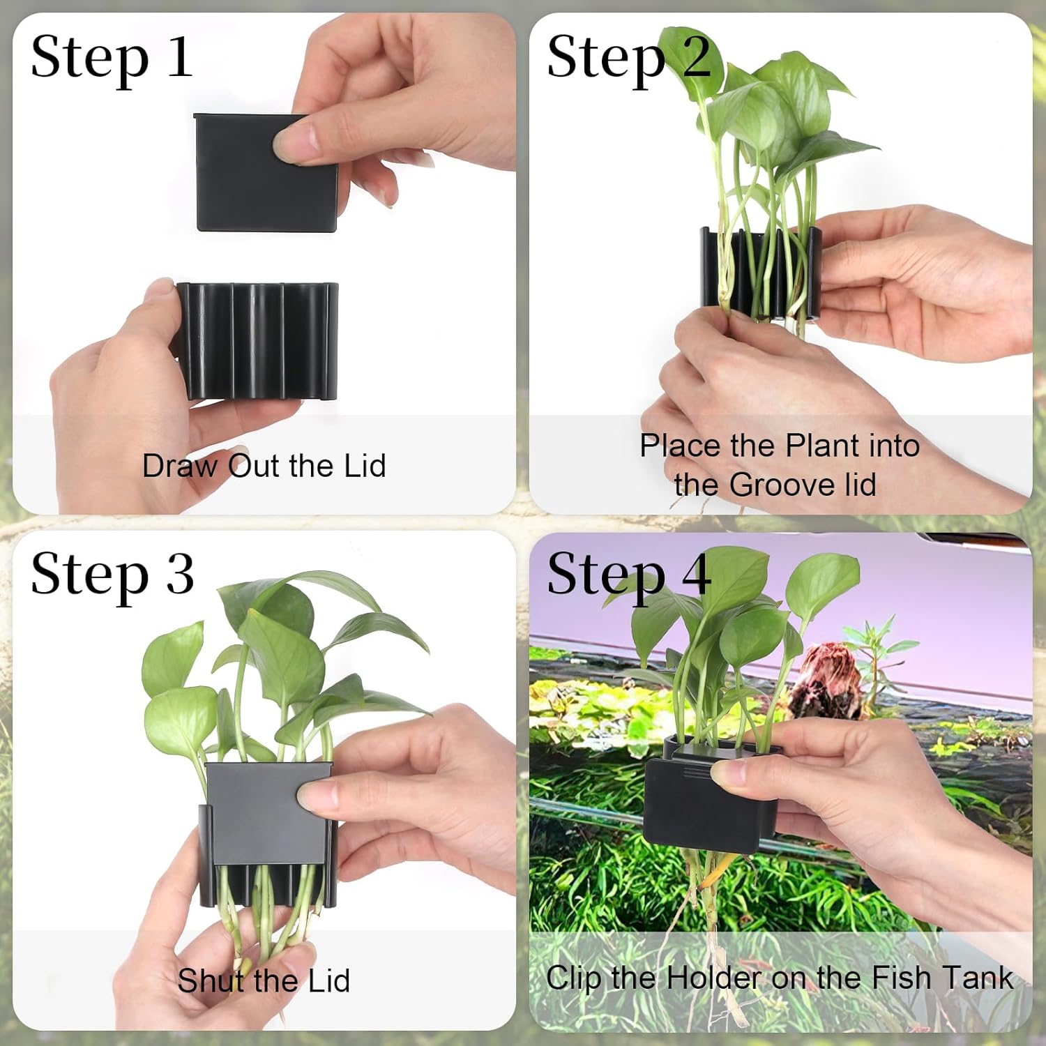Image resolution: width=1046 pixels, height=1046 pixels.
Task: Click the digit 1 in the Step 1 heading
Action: [180, 57]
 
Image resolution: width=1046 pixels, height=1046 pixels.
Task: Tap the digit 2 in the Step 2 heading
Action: [695, 57]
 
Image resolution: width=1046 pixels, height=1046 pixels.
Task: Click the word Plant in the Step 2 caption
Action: [822, 446]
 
